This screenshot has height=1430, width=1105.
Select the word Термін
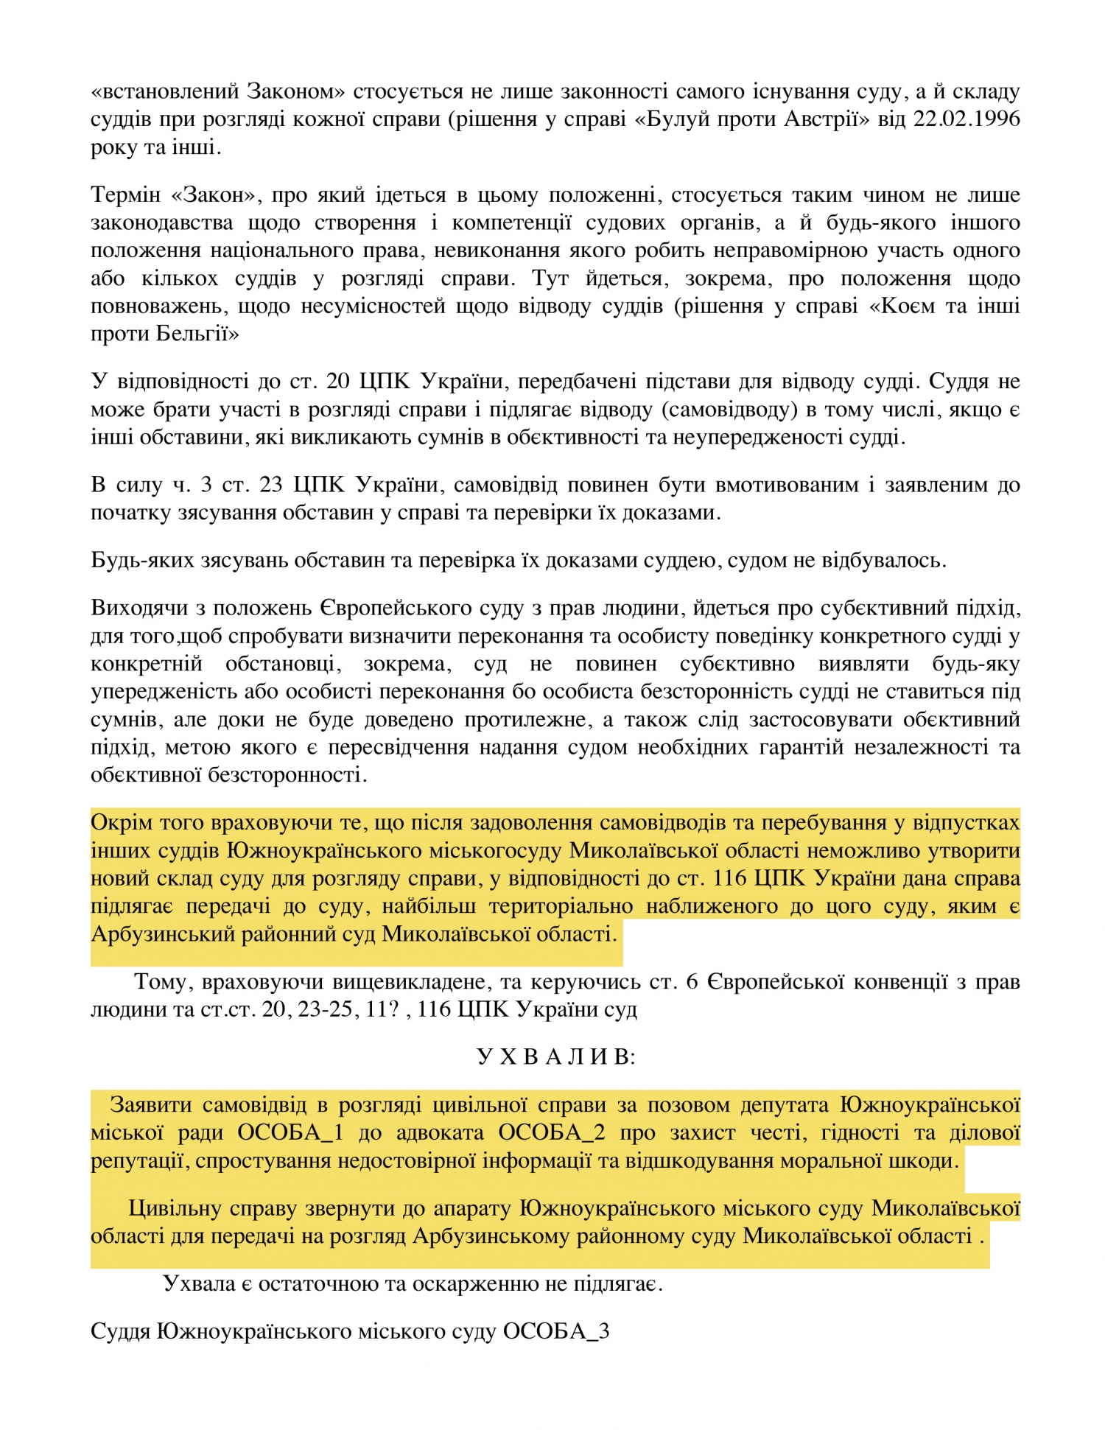(125, 194)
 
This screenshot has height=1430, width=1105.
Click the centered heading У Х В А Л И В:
(556, 1056)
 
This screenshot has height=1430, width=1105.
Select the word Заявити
(151, 1104)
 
